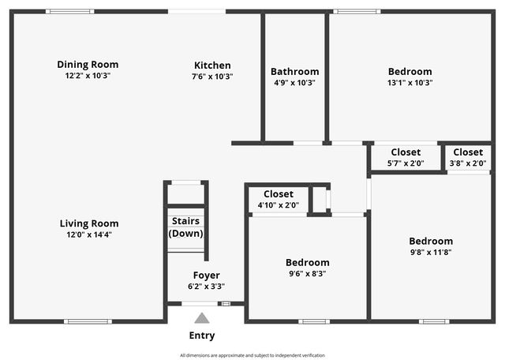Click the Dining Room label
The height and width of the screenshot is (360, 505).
coord(88,65)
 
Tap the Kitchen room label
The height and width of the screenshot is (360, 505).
coord(212,66)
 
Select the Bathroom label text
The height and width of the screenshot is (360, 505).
coord(294,71)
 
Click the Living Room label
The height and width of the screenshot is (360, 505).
coord(89,223)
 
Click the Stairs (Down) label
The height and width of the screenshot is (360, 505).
coord(186,227)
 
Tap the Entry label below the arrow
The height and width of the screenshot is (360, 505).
coord(201,336)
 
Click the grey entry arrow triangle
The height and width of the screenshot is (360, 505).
coord(202,318)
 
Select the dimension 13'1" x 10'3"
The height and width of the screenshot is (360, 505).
coord(410,82)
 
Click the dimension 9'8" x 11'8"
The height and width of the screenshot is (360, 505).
coord(430,253)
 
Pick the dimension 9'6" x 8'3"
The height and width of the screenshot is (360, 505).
coord(307,273)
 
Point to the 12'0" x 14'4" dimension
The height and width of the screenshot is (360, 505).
coord(89,234)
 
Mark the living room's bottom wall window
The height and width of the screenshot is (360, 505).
coord(88,321)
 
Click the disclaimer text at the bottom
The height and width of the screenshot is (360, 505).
coord(252,355)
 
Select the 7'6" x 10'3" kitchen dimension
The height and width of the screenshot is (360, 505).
coord(212,77)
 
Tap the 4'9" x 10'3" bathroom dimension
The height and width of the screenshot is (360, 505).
coord(294,82)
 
